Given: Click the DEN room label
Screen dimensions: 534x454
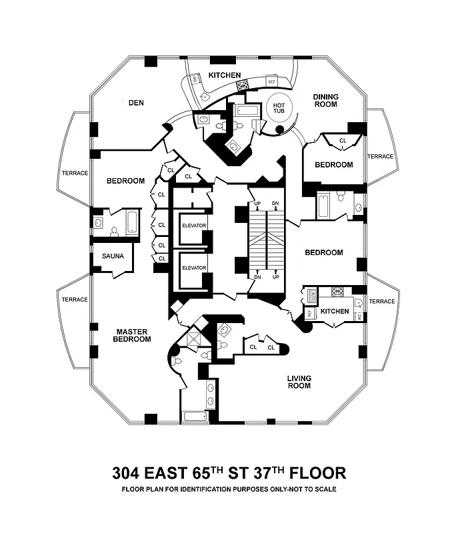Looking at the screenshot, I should point(136,102).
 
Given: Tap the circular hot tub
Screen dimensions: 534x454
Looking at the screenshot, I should point(277,108).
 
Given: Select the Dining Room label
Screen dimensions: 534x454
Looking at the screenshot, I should point(325,101).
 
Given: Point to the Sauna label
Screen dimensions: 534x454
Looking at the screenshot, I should point(113,256).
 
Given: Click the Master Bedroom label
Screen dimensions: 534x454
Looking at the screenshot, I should point(132,335).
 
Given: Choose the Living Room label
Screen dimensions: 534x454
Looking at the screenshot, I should point(299,382).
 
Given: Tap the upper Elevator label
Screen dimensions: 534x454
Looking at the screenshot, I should point(194,225).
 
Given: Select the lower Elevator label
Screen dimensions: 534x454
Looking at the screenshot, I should point(194,268).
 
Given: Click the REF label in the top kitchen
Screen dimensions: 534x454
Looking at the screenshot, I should point(271,81).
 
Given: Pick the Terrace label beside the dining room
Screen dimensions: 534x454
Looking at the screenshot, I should point(381,156).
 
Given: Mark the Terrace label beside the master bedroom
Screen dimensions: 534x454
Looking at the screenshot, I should point(75,300).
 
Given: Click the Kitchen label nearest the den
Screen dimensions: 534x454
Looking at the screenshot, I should point(225,75).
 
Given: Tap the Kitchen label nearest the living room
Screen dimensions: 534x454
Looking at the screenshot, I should point(335,312).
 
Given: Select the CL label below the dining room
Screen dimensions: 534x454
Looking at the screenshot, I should point(343,141).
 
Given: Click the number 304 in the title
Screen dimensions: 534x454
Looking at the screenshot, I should point(129,473).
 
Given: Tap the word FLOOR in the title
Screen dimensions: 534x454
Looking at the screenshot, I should point(317,473).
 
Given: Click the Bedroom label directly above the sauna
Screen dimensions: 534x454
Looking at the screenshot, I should point(126,181).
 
